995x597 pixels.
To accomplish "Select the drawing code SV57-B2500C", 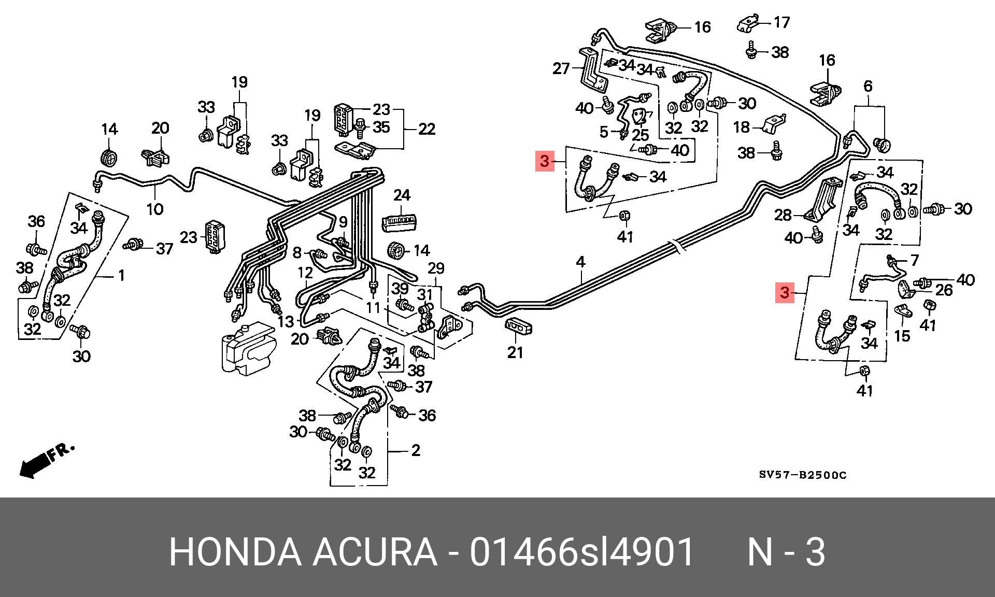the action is coord(802,475).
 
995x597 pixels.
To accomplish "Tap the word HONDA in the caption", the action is coord(235,552).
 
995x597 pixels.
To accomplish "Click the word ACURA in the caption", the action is coord(374,552).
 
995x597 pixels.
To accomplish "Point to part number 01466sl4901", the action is coord(581,552).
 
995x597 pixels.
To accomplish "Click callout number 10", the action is coord(155,209).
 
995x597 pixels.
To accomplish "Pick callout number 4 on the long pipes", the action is coord(580,262).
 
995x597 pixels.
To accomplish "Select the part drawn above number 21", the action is coord(519,328).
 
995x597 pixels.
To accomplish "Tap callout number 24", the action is coord(402,195).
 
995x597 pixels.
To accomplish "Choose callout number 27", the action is coord(561,68).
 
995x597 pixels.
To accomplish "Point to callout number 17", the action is coord(781,22).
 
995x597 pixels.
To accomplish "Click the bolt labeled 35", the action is coord(361,127).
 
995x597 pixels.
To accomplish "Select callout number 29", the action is coord(436,268).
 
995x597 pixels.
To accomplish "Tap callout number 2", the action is coord(415,451).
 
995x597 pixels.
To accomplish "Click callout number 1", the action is coord(121,275).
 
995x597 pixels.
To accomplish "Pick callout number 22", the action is coord(427,129).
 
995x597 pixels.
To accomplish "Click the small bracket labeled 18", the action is coord(774,124).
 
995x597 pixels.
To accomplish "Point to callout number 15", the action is coord(902,336).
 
